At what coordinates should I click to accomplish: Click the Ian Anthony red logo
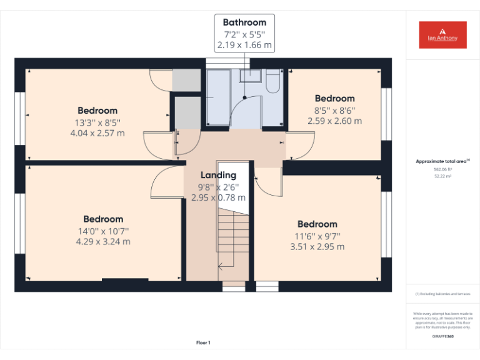point(442,35)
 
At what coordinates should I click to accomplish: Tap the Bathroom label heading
point(244,22)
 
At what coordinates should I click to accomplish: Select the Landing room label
point(218,175)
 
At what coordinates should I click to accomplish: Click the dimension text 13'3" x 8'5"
point(97,122)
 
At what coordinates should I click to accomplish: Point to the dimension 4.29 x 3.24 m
point(103,242)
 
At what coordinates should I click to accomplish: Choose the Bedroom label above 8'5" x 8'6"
point(334,98)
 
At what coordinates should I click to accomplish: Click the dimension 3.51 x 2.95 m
point(317,247)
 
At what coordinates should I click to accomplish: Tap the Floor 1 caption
point(203,342)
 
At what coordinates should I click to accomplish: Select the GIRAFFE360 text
point(442,337)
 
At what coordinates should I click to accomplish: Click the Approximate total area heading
point(442,161)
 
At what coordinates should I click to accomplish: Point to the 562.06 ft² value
point(442,169)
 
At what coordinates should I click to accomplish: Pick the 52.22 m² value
point(442,176)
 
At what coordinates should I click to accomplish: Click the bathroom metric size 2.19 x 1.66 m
point(244,46)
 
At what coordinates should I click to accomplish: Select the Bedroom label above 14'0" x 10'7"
point(103,219)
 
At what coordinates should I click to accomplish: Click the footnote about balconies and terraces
point(442,293)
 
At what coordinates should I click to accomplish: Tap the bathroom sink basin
point(249,76)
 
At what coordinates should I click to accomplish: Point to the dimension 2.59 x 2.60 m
point(334,121)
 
